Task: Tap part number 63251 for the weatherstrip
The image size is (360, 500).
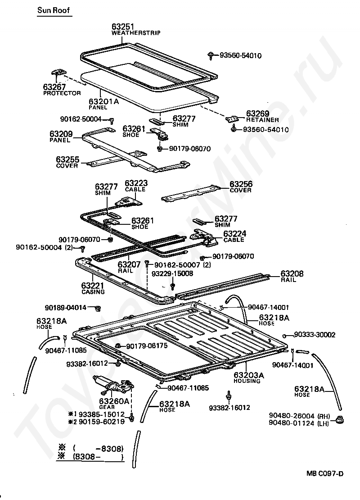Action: (123, 27)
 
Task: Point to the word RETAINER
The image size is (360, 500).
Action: (262, 120)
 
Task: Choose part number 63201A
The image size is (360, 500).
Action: (103, 101)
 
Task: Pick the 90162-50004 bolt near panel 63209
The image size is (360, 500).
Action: (111, 120)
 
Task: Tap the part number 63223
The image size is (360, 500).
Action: (136, 183)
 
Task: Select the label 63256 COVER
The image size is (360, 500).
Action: (241, 187)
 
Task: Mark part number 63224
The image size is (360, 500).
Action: (234, 233)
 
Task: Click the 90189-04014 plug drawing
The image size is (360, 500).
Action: (97, 308)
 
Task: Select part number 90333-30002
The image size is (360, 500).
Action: (315, 335)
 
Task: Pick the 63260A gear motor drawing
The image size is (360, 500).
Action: (113, 384)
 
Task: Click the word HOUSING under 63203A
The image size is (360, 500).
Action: (247, 381)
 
